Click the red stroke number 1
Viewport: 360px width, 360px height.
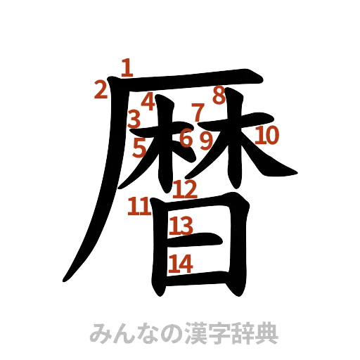point(127,67)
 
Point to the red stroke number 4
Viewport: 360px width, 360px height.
point(148,101)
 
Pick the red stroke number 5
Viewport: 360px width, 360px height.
point(140,148)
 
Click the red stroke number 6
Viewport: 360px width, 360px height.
point(186,137)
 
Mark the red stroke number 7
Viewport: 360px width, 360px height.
point(198,110)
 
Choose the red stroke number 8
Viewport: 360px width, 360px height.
point(219,94)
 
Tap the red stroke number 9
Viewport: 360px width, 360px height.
point(205,140)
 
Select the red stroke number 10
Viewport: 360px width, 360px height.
point(267,134)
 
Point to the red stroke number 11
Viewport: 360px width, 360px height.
point(139,206)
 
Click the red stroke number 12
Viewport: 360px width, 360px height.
point(185,188)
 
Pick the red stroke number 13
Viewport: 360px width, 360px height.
point(181,225)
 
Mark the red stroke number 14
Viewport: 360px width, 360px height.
point(181,262)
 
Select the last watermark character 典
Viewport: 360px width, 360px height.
point(267,332)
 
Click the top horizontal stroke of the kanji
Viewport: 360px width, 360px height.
point(190,79)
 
